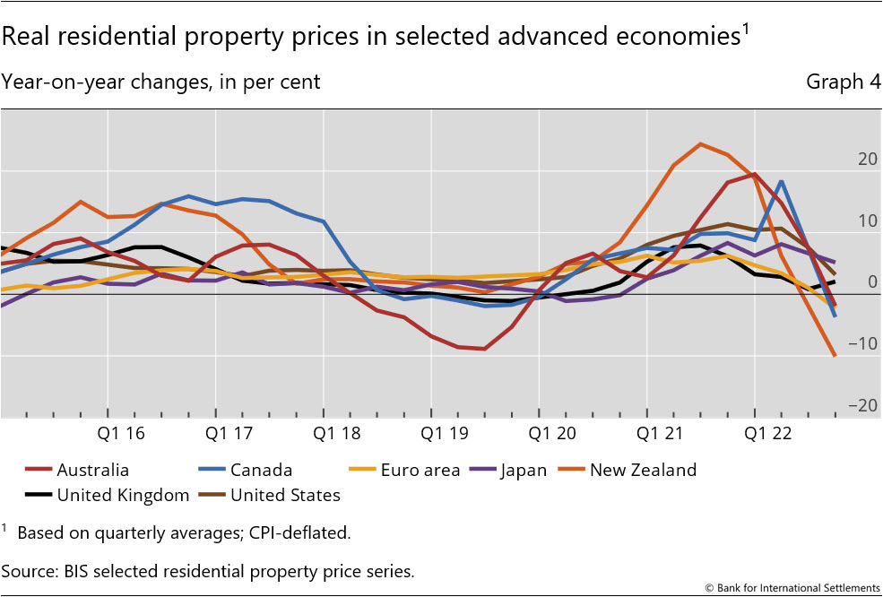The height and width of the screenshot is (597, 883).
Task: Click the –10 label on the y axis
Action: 862,344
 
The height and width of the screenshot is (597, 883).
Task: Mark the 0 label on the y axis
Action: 871,282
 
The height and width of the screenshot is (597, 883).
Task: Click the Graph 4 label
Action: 843,82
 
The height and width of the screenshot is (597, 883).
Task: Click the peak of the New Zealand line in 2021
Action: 700,143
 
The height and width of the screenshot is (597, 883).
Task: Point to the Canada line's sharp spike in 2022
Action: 782,181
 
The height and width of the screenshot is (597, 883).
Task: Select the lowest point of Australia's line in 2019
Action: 484,348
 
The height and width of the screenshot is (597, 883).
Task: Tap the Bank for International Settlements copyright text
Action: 792,588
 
